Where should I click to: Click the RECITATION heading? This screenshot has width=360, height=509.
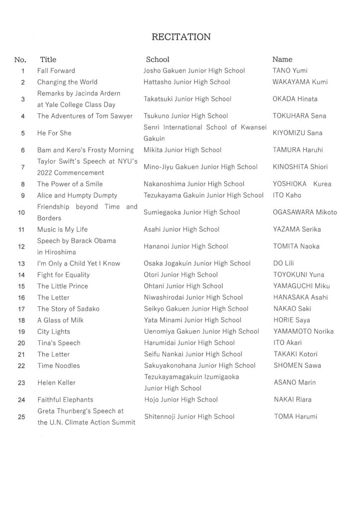coord(181,37)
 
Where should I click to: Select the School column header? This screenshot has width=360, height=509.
coord(158,60)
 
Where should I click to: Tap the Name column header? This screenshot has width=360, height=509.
coord(282,60)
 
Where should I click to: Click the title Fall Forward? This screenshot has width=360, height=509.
coord(56,71)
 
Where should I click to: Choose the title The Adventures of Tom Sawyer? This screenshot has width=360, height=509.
coord(85,116)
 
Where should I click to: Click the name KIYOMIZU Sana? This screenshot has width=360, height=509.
coord(298,133)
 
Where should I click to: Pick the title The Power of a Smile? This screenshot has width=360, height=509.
coord(70,184)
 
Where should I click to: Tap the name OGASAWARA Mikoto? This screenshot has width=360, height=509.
coord(305,213)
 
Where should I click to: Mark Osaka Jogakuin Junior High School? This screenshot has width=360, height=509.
coord(197,263)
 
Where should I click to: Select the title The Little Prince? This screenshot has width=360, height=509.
coord(63,286)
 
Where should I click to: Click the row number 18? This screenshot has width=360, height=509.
coord(21,320)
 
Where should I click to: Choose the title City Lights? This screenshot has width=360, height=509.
coord(54,332)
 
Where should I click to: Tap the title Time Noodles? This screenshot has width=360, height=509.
coord(59,366)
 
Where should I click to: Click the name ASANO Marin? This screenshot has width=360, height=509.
coord(295,383)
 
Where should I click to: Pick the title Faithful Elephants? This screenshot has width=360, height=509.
coord(65,400)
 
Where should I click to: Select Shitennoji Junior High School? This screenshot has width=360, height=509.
coord(189,417)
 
